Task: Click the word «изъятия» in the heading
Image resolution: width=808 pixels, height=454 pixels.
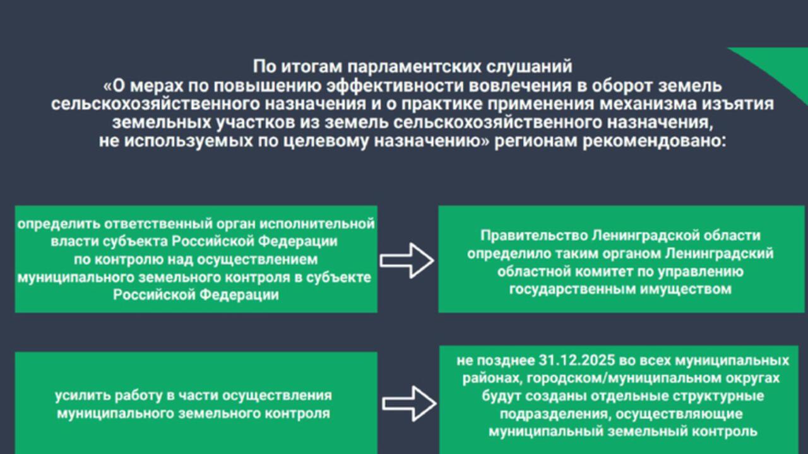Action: [746, 103]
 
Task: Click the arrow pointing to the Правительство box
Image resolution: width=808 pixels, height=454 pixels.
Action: [407, 260]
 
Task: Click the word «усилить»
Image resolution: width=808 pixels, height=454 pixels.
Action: [83, 395]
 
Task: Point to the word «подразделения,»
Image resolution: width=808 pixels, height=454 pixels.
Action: [555, 414]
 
